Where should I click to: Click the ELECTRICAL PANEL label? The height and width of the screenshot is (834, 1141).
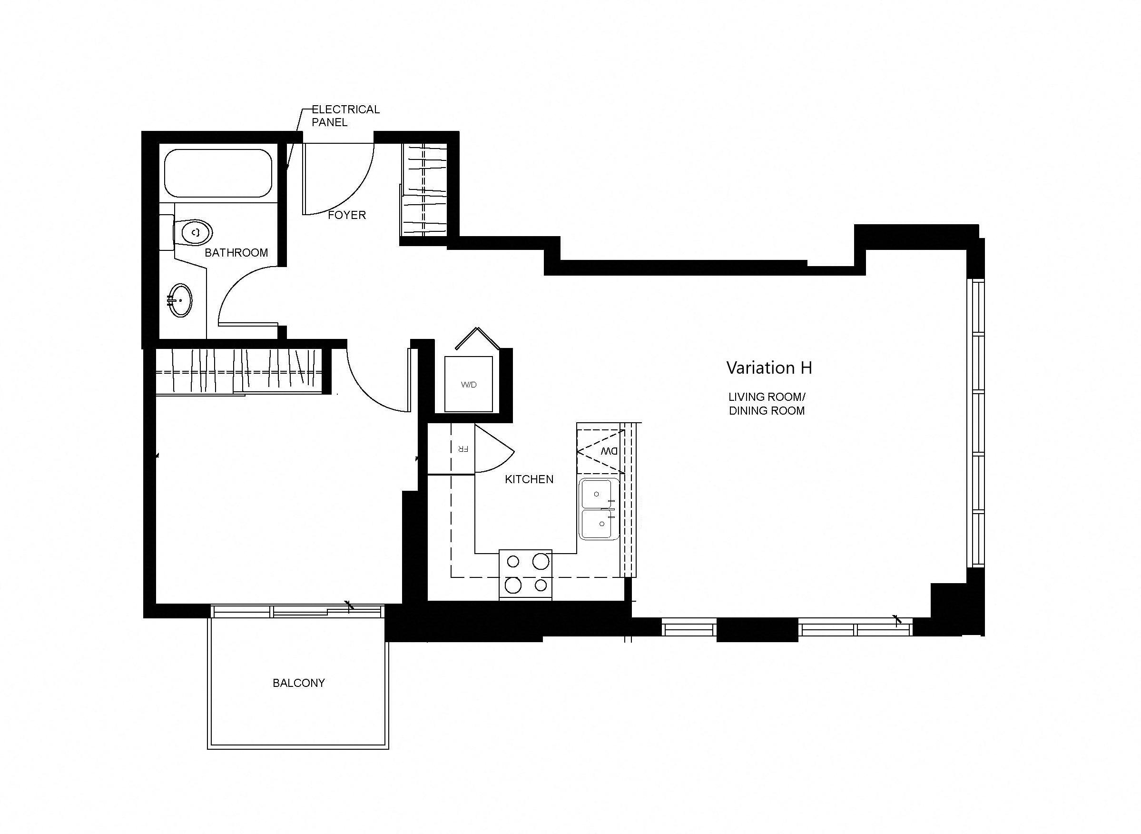345,116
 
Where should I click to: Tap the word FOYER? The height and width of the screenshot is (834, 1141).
347,215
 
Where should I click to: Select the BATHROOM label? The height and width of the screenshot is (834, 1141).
236,252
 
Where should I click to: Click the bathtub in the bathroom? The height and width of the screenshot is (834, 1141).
218,173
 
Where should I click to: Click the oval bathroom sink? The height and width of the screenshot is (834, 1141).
180,300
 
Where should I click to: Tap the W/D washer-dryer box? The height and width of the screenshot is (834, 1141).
468,384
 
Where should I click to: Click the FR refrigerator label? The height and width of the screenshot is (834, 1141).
463,448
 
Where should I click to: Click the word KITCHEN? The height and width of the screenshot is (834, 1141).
529,479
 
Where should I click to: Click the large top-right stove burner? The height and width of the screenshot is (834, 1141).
541,561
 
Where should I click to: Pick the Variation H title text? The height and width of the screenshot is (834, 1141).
768,368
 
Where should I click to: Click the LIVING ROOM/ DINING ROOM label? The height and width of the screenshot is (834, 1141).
767,404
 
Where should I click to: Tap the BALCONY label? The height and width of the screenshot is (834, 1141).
299,683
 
